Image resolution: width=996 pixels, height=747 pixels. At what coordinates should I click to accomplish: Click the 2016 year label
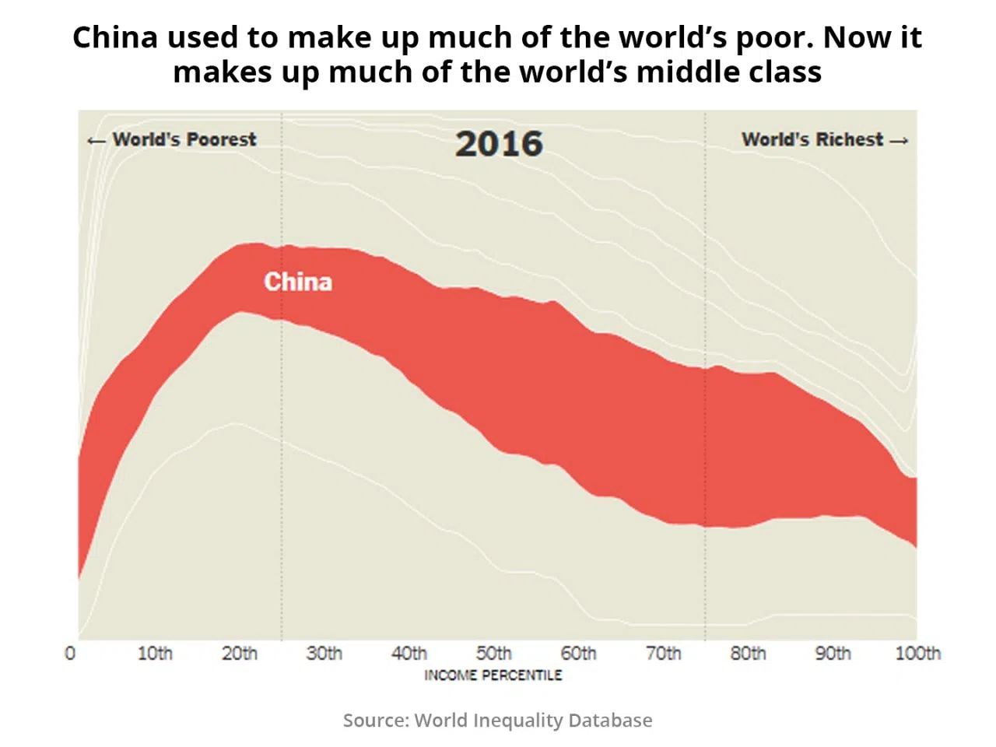pyautogui.click(x=499, y=144)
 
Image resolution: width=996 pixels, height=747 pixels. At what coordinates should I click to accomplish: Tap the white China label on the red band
pyautogui.click(x=298, y=282)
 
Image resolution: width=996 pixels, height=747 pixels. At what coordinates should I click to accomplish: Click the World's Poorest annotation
pyautogui.click(x=184, y=140)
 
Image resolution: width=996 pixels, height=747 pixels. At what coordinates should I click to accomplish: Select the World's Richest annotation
pyautogui.click(x=812, y=140)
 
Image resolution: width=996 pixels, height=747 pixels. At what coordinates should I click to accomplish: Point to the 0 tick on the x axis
pyautogui.click(x=70, y=654)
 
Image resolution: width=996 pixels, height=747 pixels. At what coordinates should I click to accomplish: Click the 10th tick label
pyautogui.click(x=155, y=654)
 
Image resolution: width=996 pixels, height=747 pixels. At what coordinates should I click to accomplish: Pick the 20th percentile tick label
pyautogui.click(x=240, y=654)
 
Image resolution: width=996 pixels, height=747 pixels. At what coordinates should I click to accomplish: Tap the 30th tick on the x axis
pyautogui.click(x=324, y=654)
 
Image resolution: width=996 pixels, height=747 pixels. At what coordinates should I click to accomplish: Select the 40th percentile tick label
pyautogui.click(x=409, y=654)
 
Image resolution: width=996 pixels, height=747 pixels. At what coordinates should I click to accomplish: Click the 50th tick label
pyautogui.click(x=494, y=654)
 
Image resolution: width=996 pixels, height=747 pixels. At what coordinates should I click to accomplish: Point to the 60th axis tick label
pyautogui.click(x=579, y=654)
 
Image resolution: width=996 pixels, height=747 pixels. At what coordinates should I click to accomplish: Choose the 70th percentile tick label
pyautogui.click(x=664, y=654)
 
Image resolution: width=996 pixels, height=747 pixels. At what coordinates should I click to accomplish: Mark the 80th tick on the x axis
pyautogui.click(x=749, y=654)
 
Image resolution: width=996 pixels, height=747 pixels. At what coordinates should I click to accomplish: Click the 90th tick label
pyautogui.click(x=833, y=654)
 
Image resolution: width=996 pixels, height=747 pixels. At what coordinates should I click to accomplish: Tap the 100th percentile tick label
pyautogui.click(x=918, y=654)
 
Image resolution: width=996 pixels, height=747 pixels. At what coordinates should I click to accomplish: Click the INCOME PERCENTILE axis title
pyautogui.click(x=493, y=675)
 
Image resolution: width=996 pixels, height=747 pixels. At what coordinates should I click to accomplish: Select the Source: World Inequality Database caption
pyautogui.click(x=498, y=721)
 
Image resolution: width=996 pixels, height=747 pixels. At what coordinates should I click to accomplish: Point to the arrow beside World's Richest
pyautogui.click(x=899, y=141)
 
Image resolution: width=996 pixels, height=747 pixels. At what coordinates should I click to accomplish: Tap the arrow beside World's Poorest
pyautogui.click(x=96, y=141)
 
